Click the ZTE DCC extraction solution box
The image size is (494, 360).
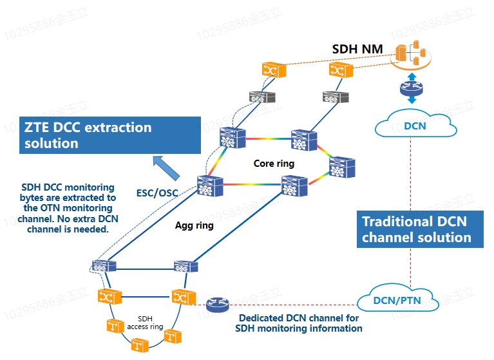[x=109, y=135]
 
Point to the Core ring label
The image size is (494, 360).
[x=274, y=164]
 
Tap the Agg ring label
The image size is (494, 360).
[x=195, y=226]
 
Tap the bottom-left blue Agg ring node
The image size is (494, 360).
[x=104, y=266]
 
